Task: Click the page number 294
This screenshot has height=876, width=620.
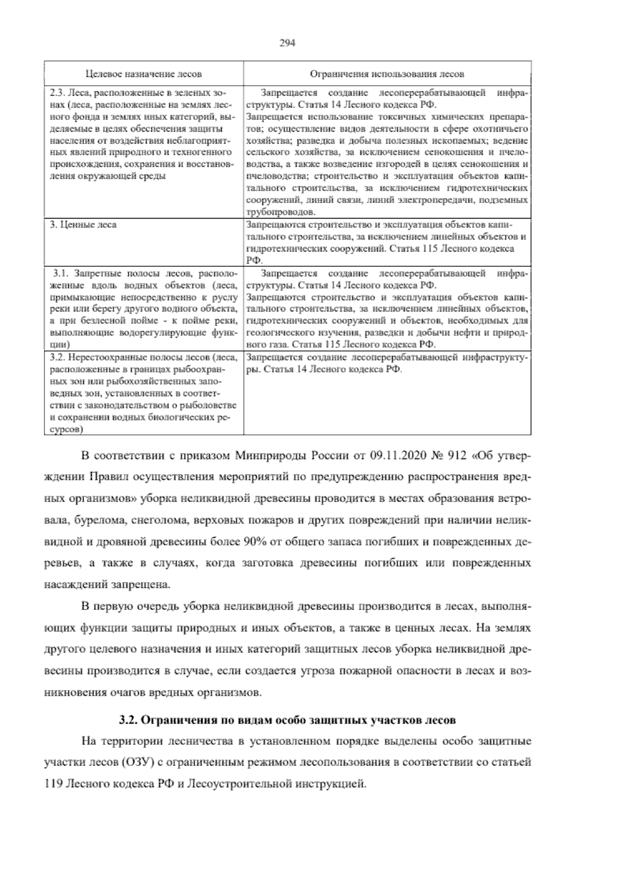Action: point(287,44)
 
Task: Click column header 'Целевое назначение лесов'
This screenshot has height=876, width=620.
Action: point(144,74)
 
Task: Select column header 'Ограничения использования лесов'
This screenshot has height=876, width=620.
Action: point(387,74)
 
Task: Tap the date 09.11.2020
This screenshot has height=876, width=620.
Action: point(396,457)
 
